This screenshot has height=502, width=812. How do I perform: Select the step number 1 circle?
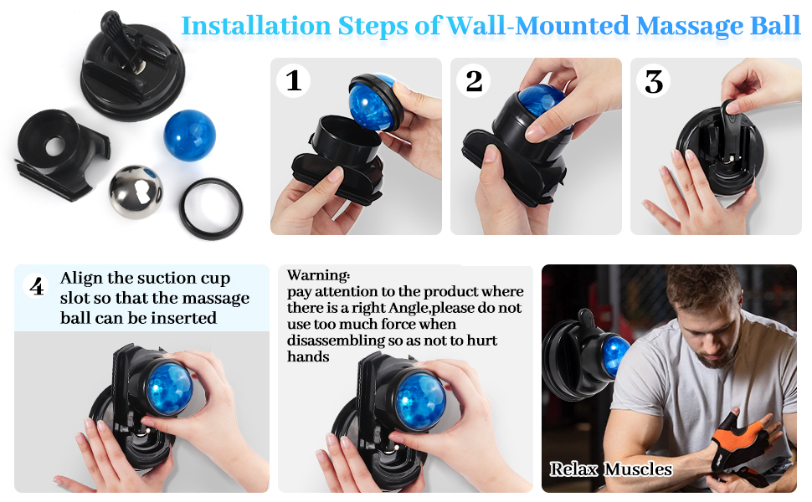tap(294, 81)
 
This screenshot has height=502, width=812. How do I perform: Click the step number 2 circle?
tap(474, 81)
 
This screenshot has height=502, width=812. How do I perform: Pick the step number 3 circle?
tap(654, 81)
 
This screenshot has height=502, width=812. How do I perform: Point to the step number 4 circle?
tap(37, 287)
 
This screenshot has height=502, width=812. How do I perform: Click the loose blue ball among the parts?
tap(189, 132)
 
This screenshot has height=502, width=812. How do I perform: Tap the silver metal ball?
tap(136, 192)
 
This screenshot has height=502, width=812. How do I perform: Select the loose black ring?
tap(212, 207)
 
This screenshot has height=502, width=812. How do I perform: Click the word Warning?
tap(318, 275)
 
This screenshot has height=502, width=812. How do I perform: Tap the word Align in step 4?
tap(80, 279)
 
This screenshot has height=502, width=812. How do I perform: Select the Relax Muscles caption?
tap(610, 469)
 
